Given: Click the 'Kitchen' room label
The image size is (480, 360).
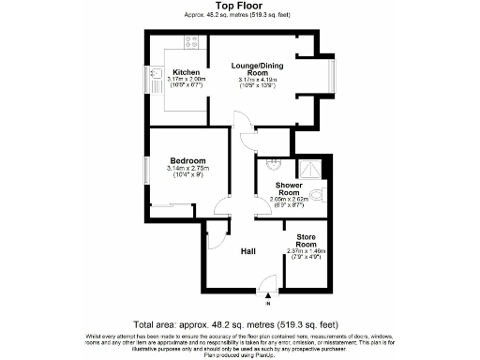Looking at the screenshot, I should [184, 71].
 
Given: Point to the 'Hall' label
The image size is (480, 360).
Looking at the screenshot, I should [247, 251].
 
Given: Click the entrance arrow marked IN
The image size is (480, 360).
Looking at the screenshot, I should [267, 295].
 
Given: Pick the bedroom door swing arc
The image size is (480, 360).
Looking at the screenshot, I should [223, 207].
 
